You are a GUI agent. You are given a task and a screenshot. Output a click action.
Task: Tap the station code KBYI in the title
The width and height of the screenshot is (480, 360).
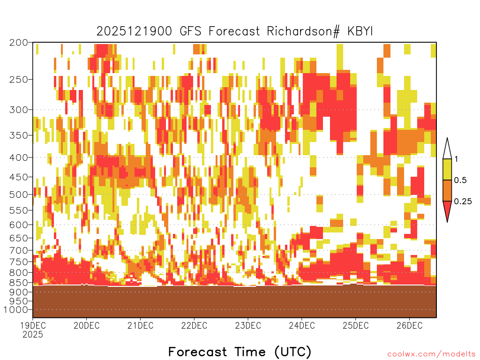pyautogui.click(x=360, y=31)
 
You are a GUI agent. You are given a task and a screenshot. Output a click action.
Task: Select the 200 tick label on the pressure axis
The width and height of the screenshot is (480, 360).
pyautogui.click(x=18, y=43)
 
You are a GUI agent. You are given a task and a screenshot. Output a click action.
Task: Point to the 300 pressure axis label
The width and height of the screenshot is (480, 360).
pyautogui.click(x=18, y=110)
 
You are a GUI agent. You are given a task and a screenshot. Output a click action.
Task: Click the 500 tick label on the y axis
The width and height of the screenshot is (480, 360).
pyautogui.click(x=18, y=195)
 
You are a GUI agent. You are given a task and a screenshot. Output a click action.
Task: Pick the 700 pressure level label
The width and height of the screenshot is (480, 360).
pyautogui.click(x=18, y=250)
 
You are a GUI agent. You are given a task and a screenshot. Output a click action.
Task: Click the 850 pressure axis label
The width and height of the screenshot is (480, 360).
pyautogui.click(x=18, y=282)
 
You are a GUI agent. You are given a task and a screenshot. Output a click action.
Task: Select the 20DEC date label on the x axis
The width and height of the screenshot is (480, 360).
pyautogui.click(x=87, y=325)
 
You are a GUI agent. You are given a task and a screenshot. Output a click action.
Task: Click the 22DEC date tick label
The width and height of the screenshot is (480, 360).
pyautogui.click(x=194, y=325)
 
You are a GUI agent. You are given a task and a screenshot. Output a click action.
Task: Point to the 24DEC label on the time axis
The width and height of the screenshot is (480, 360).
pyautogui.click(x=302, y=325)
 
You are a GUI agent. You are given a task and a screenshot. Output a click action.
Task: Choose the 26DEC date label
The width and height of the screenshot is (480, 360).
pyautogui.click(x=410, y=325)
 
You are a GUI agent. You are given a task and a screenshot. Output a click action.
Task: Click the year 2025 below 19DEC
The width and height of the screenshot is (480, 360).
pyautogui.click(x=33, y=335)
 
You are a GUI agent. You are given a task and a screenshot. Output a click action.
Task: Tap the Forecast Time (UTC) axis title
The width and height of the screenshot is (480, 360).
pyautogui.click(x=240, y=352)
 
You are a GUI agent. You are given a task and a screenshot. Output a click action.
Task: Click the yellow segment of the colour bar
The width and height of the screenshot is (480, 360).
pyautogui.click(x=447, y=169)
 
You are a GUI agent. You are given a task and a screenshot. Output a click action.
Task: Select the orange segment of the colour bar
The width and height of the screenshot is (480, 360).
pyautogui.click(x=447, y=190)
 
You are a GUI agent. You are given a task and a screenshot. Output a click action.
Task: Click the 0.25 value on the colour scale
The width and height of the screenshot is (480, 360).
pyautogui.click(x=463, y=202)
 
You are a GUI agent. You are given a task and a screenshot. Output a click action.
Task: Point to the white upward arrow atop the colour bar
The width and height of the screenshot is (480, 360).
pyautogui.click(x=447, y=149)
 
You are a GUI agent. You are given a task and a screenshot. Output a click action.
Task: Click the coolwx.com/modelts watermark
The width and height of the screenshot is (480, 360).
pyautogui.click(x=431, y=354)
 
